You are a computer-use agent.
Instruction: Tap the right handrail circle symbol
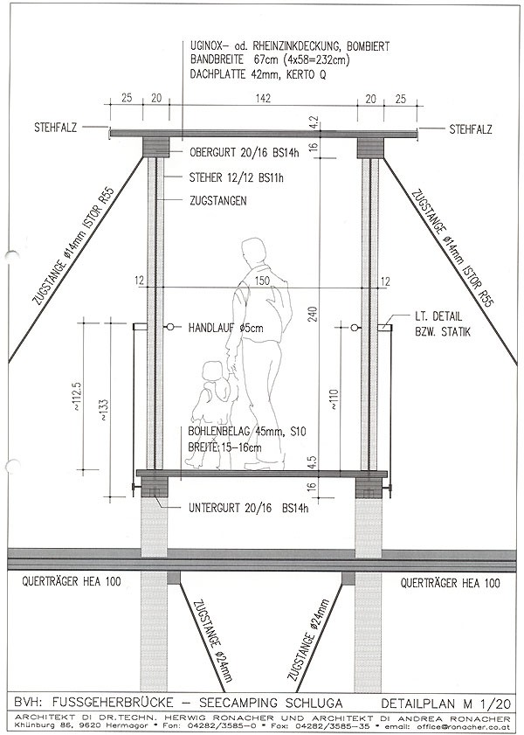coord(353,328)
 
